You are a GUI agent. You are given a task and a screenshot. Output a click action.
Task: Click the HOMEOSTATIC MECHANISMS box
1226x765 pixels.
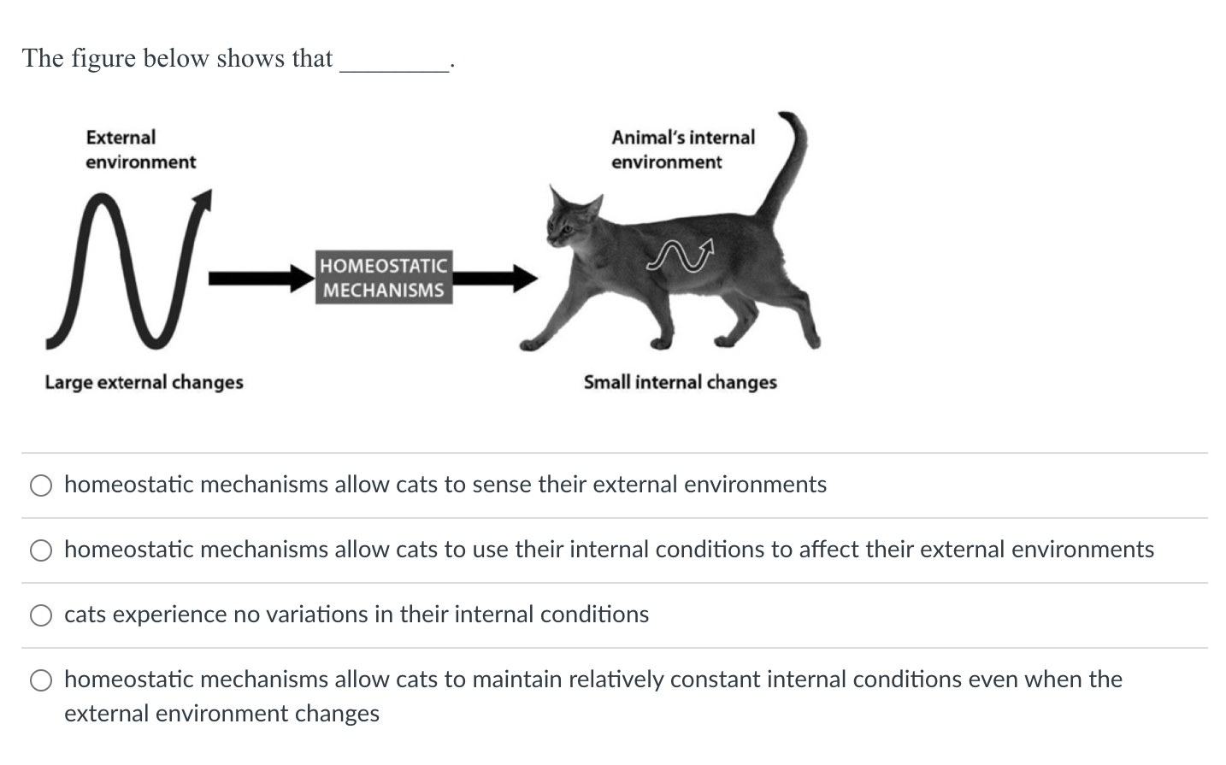click(x=383, y=278)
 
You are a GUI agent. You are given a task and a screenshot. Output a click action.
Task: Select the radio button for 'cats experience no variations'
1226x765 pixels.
click(x=41, y=615)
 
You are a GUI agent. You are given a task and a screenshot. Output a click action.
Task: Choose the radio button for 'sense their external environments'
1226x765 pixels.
click(x=41, y=485)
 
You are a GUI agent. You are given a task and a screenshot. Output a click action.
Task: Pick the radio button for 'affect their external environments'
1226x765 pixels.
click(x=41, y=550)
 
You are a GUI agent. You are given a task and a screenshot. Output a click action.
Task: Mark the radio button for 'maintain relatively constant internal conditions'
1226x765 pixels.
click(x=41, y=680)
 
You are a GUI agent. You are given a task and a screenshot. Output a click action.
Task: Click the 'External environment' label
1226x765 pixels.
click(x=140, y=150)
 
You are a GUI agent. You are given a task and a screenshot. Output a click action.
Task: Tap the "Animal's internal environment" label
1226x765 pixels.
click(x=682, y=150)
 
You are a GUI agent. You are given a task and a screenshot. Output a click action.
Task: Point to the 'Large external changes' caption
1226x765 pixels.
click(x=144, y=382)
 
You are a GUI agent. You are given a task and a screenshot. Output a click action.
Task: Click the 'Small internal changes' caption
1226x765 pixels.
click(x=680, y=382)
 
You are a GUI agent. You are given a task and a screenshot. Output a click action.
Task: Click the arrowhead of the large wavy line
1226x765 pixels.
click(x=203, y=200)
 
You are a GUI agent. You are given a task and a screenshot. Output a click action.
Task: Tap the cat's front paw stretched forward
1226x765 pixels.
click(x=532, y=344)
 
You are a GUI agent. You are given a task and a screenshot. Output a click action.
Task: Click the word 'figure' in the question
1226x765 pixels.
click(x=103, y=58)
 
